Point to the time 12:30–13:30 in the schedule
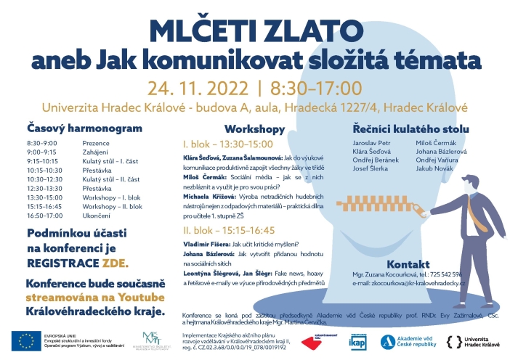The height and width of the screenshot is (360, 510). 42,187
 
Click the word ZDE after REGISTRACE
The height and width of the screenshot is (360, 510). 114,261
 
